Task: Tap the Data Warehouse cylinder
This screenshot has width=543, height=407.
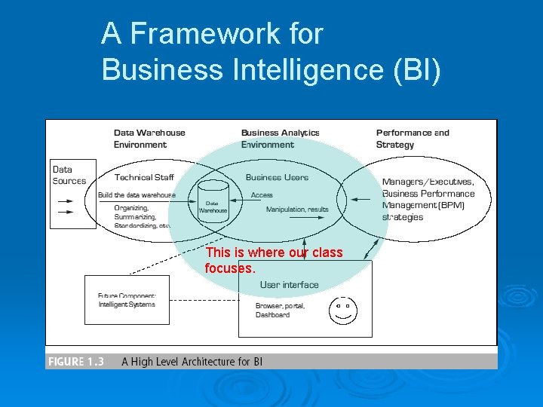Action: coord(213,201)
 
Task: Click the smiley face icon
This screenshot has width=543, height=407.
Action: coord(343,310)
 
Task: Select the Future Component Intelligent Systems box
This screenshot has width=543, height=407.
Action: coord(127,299)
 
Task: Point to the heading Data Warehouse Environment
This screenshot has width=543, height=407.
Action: coord(149,139)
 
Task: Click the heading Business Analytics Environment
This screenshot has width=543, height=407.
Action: coord(280,139)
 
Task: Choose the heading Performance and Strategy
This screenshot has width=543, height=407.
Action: coord(412,139)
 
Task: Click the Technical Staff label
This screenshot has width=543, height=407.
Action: coord(144,178)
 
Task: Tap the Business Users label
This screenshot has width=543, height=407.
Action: coord(277,178)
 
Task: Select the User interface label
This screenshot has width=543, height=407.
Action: coord(289,285)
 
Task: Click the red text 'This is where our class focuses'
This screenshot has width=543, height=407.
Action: coord(273,260)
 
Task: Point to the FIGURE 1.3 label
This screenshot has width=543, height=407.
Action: coord(75,362)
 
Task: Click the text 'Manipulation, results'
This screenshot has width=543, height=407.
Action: coord(297,210)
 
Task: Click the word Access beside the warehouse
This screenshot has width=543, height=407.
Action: coord(262,195)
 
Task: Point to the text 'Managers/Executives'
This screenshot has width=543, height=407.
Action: coord(428,182)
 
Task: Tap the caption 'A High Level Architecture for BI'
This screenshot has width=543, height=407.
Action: coord(192,362)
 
